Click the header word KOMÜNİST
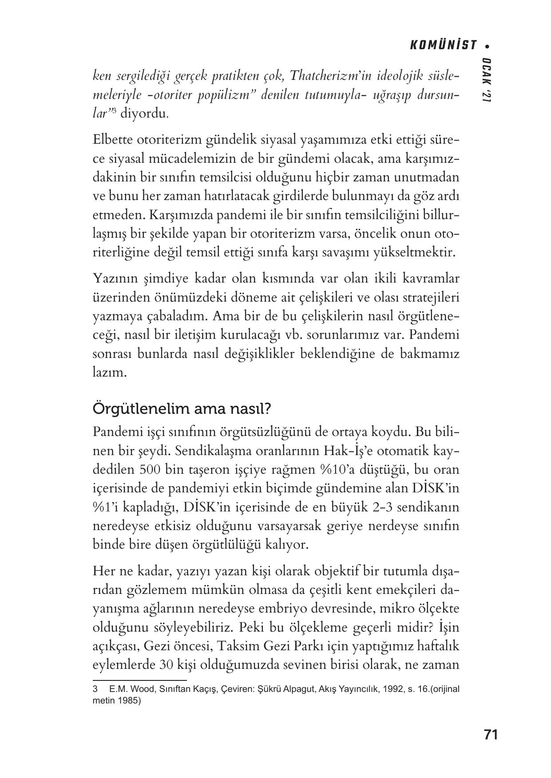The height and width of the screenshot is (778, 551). pos(442,45)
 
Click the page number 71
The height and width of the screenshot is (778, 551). pos(491,735)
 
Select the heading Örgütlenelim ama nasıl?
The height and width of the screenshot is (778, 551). pos(182,409)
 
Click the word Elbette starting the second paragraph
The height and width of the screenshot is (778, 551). pos(112,140)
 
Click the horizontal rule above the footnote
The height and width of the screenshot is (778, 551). pos(139,680)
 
